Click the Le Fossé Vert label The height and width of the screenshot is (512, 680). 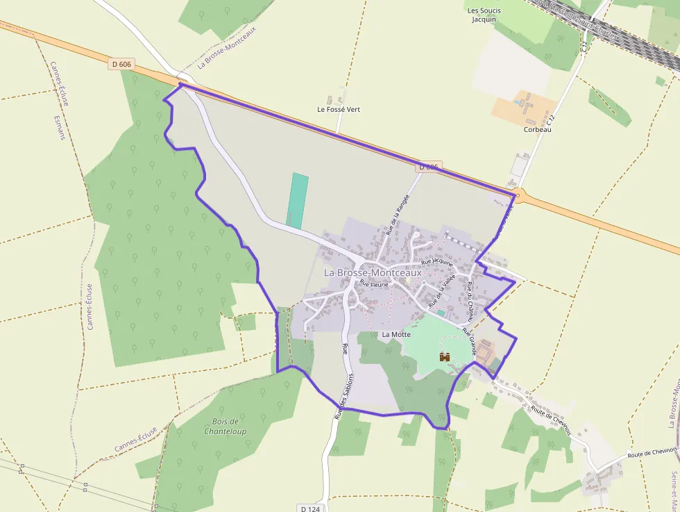pyautogui.click(x=339, y=110)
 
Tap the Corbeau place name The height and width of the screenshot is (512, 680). pyautogui.click(x=538, y=129)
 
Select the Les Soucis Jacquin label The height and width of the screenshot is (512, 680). pyautogui.click(x=484, y=15)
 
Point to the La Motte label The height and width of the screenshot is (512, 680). pyautogui.click(x=396, y=334)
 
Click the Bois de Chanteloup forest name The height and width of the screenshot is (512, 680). pyautogui.click(x=226, y=427)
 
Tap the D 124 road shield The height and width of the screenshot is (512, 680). pyautogui.click(x=311, y=509)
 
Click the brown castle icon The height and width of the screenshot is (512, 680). pyautogui.click(x=445, y=356)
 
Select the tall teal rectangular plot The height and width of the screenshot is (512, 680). pyautogui.click(x=298, y=200)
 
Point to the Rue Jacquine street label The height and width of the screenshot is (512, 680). pyautogui.click(x=437, y=263)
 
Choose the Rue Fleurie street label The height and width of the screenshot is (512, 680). pyautogui.click(x=373, y=284)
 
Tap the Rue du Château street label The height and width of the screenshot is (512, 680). pyautogui.click(x=470, y=300)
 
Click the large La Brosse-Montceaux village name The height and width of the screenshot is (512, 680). pyautogui.click(x=373, y=273)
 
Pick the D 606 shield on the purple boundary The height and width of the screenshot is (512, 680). pyautogui.click(x=429, y=167)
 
